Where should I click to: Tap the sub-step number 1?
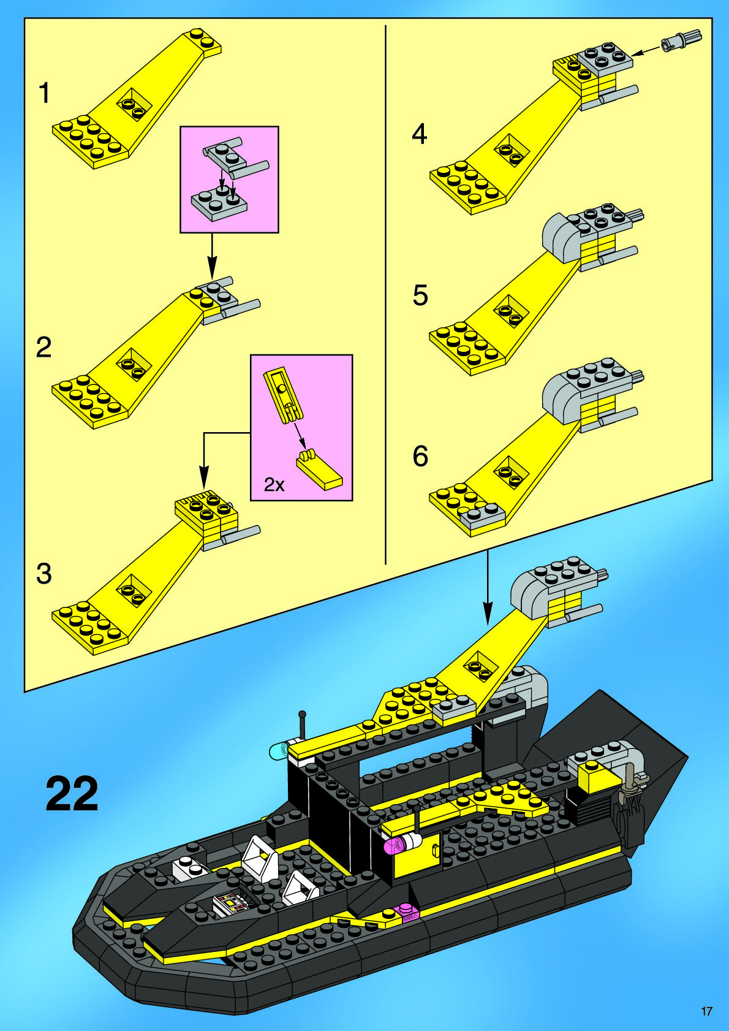(44, 94)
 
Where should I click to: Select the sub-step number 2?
(44, 348)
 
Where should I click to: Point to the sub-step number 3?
(44, 574)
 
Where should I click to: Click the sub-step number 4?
(419, 134)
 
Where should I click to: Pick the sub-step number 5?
(420, 295)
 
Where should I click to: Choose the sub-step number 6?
(420, 456)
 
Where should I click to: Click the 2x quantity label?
(274, 485)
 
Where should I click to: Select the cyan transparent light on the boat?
(279, 750)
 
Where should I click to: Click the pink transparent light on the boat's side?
(393, 845)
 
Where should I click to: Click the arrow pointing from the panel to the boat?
(488, 588)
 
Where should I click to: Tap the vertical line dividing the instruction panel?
(385, 294)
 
